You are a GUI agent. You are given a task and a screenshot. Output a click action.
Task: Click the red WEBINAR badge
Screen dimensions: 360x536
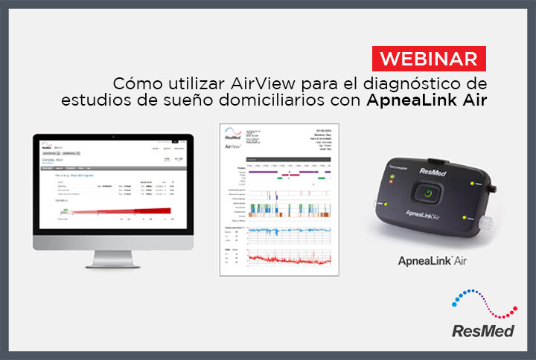430,57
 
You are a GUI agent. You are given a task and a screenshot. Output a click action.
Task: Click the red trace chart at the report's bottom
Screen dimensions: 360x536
286,258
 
